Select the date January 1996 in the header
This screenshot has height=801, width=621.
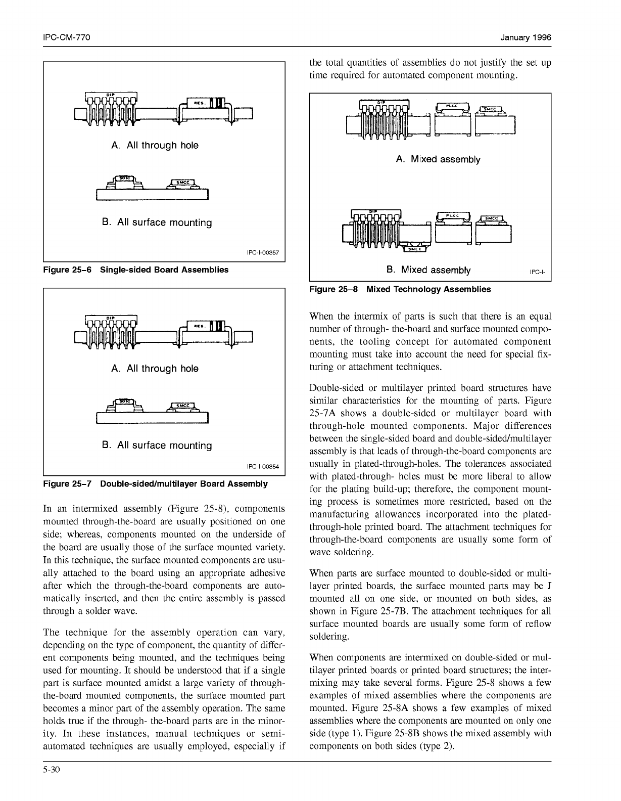(x=526, y=38)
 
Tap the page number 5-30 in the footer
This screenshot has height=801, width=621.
(x=52, y=771)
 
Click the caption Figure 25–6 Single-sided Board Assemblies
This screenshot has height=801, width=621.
(x=136, y=270)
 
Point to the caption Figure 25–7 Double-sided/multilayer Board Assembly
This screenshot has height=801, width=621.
(x=156, y=484)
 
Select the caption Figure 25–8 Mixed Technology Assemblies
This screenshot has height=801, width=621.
(x=400, y=289)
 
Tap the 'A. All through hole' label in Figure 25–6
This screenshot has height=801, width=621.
(x=155, y=145)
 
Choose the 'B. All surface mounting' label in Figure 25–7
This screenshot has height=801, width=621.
(x=157, y=446)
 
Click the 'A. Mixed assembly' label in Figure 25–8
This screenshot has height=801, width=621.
(x=438, y=159)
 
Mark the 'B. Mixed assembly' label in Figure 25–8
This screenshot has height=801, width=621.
(x=428, y=270)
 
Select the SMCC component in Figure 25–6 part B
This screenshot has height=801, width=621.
(x=183, y=183)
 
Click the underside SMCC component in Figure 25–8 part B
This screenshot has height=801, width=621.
(x=414, y=248)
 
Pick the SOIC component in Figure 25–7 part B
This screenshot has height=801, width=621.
(x=124, y=403)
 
